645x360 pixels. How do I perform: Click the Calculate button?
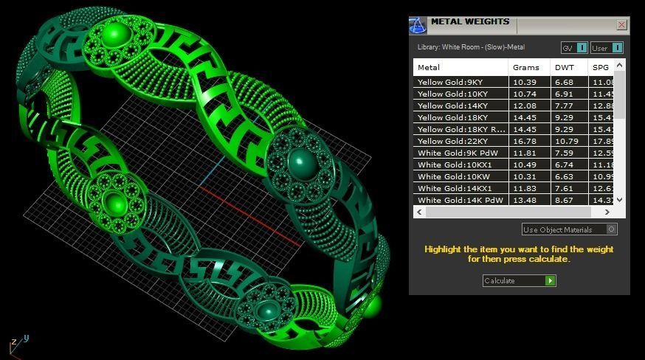[x=519, y=281]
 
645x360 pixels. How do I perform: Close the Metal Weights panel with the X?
[x=621, y=25]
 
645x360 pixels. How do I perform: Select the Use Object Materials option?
[x=569, y=229]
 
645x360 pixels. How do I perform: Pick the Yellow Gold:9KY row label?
[x=450, y=82]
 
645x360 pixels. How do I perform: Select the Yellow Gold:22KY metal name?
[x=452, y=141]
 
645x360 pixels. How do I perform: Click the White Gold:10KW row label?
[x=452, y=176]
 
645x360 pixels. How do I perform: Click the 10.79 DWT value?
[x=566, y=141]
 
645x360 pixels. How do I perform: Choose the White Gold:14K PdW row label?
[x=456, y=200]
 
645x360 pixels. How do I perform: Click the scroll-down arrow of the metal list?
[x=620, y=199]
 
